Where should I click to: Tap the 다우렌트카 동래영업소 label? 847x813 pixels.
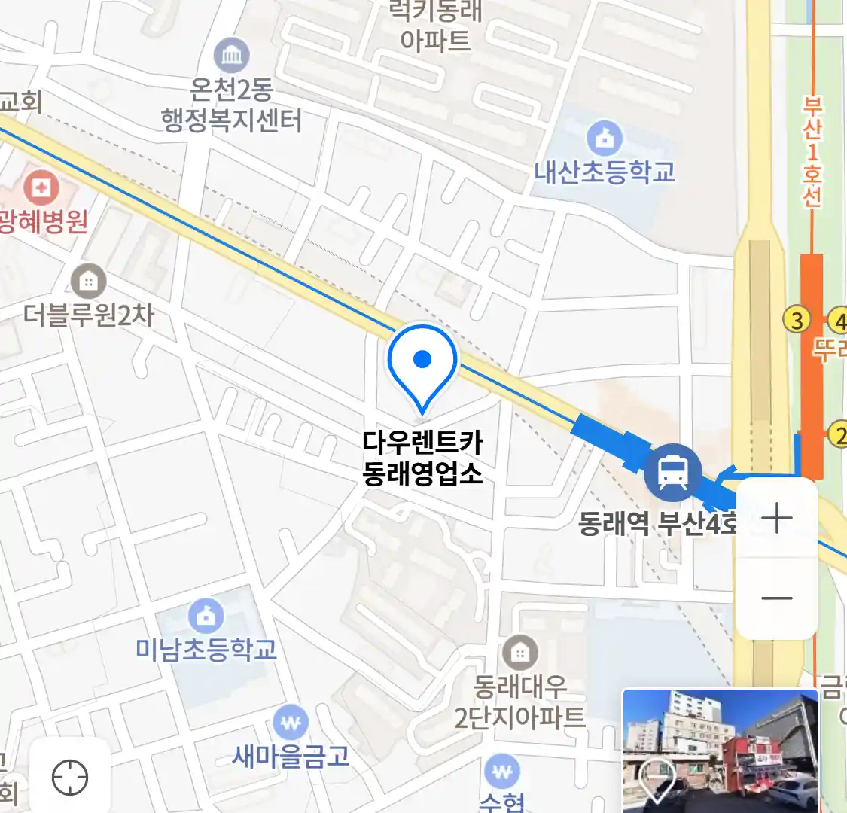pyautogui.click(x=422, y=457)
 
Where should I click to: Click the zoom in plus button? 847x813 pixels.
pyautogui.click(x=776, y=519)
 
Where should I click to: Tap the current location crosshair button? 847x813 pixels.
pyautogui.click(x=70, y=777)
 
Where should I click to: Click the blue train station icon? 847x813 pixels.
pyautogui.click(x=672, y=473)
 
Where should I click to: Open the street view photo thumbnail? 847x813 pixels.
pyautogui.click(x=720, y=751)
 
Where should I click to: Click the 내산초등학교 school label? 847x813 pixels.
pyautogui.click(x=605, y=172)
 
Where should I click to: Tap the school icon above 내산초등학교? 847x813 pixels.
pyautogui.click(x=605, y=138)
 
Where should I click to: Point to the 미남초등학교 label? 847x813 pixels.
pyautogui.click(x=206, y=649)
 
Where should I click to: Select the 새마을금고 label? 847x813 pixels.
pyautogui.click(x=291, y=755)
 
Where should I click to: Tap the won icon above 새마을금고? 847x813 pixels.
pyautogui.click(x=290, y=723)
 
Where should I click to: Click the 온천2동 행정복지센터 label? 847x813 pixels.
pyautogui.click(x=232, y=105)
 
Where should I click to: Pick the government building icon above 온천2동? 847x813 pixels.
pyautogui.click(x=231, y=55)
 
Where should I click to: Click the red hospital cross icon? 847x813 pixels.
pyautogui.click(x=41, y=187)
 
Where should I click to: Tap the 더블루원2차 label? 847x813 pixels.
pyautogui.click(x=89, y=314)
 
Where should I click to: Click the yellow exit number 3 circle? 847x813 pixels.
pyautogui.click(x=797, y=321)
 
